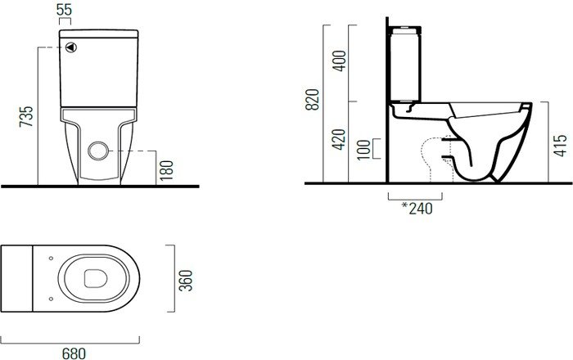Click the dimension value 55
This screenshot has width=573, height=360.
pyautogui.click(x=65, y=10)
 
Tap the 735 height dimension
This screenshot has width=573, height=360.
pyautogui.click(x=26, y=116)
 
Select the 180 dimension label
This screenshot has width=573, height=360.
pyautogui.click(x=166, y=170)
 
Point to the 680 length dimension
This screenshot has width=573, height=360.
pyautogui.click(x=74, y=353)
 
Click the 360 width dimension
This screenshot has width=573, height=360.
pyautogui.click(x=186, y=281)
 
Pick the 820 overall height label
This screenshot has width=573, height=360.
pyautogui.click(x=313, y=99)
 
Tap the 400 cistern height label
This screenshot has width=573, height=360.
pyautogui.click(x=339, y=61)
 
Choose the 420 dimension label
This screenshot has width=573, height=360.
pyautogui.click(x=339, y=139)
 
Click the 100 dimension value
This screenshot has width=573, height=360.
pyautogui.click(x=363, y=150)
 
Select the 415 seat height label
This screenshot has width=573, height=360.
pyautogui.click(x=560, y=146)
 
